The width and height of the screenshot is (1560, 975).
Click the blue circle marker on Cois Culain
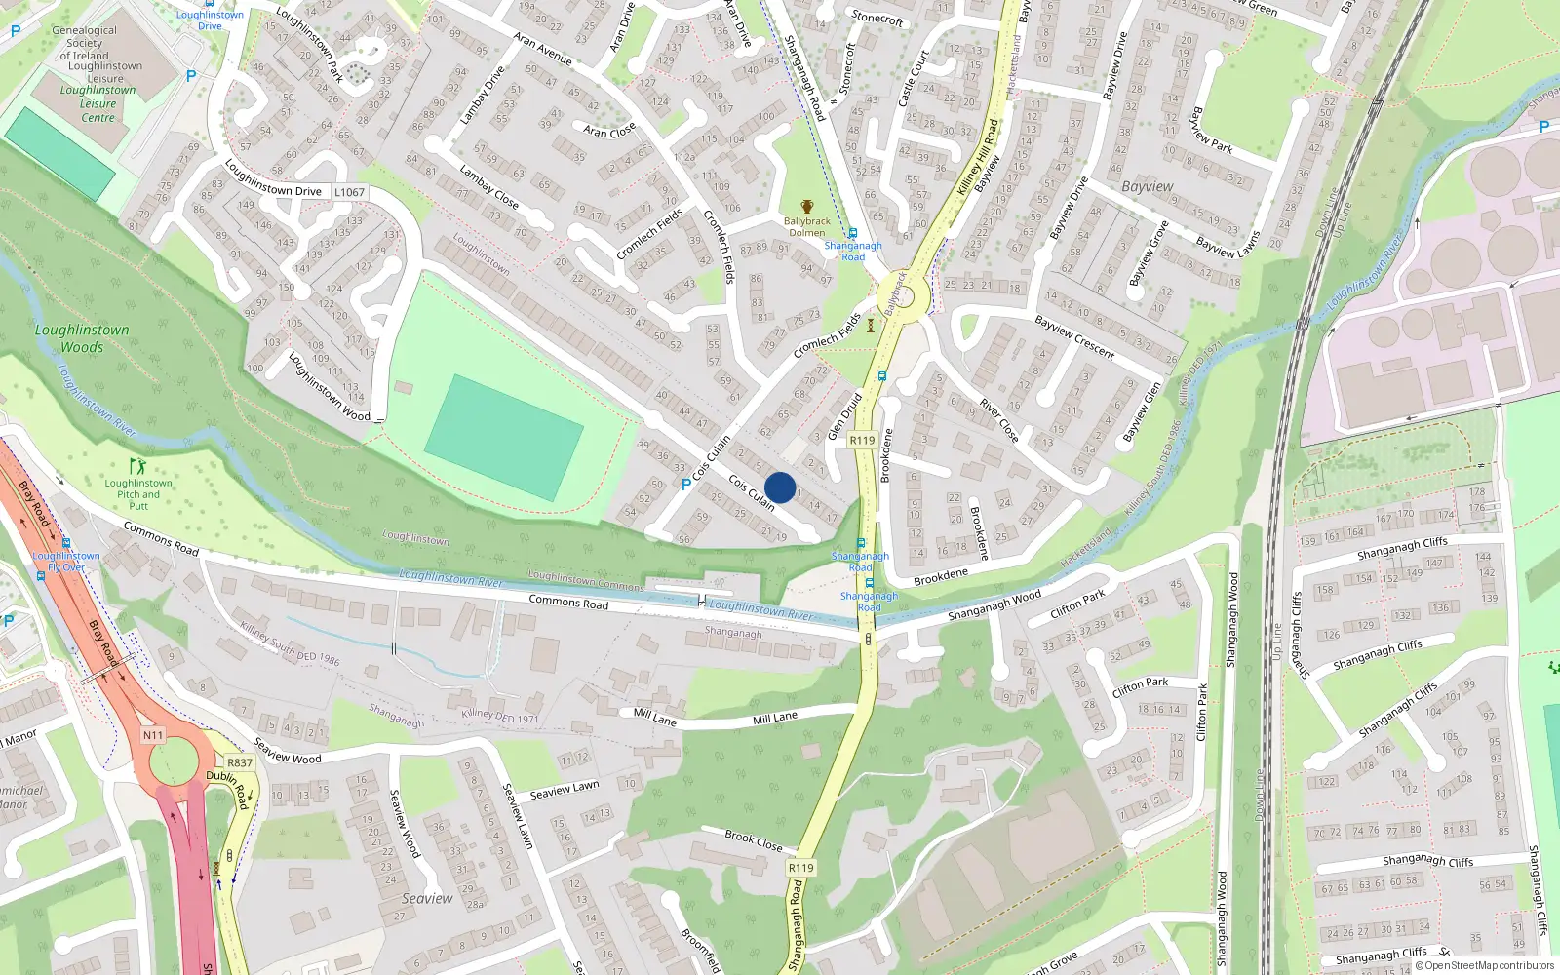tap(780, 487)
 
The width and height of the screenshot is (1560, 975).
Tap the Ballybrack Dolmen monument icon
tap(807, 207)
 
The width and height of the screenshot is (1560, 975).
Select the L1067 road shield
tap(349, 192)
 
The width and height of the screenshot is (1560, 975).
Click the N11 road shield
tap(153, 735)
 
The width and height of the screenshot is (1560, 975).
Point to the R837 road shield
tap(239, 762)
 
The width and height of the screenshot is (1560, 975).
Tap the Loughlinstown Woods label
tap(82, 338)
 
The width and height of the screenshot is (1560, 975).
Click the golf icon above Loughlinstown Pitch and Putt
tap(137, 467)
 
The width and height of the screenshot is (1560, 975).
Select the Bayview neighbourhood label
tap(1148, 186)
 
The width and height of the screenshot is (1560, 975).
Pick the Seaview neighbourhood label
tap(427, 898)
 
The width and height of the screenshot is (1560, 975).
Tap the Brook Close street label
tap(754, 840)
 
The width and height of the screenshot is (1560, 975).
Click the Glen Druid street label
tap(844, 416)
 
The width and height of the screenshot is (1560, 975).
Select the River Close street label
tap(999, 420)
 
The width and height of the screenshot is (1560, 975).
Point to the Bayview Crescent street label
tap(1074, 337)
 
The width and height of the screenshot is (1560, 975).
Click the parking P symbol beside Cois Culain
tap(686, 484)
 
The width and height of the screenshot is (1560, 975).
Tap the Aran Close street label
tap(609, 130)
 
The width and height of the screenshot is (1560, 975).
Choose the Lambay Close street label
tap(488, 187)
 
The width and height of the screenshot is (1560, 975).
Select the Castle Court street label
tap(914, 78)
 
